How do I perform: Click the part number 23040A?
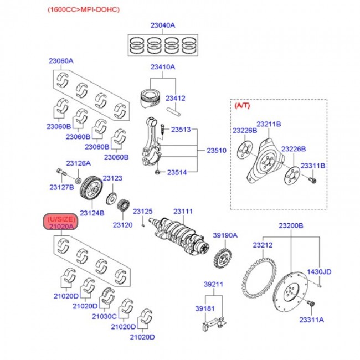162,25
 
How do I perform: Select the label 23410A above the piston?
162,67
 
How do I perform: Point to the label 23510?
217,150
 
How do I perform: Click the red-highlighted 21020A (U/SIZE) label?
61,223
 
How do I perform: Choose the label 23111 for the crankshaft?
182,212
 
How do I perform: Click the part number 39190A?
225,235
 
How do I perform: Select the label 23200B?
291,226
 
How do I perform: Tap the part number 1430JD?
320,271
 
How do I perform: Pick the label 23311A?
312,320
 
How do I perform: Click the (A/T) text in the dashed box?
243,105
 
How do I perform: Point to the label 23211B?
269,124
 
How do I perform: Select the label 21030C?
105,316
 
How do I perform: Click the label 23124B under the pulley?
92,213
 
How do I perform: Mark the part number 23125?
142,212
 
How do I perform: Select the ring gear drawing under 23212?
260,277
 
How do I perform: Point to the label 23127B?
61,188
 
